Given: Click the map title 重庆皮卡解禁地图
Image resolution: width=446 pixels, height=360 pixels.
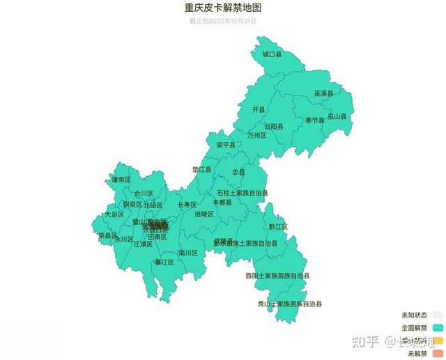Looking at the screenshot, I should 223,8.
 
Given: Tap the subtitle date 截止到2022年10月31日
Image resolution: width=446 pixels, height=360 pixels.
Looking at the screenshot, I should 223,21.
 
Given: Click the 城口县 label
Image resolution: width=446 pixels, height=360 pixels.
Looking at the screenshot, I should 272,54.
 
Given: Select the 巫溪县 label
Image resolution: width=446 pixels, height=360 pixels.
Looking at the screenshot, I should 323,93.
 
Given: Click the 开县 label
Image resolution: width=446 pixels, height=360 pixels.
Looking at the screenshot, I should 259,109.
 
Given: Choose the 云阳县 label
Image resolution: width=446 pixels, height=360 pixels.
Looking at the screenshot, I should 274,126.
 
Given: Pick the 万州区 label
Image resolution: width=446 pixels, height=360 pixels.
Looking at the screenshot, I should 257,136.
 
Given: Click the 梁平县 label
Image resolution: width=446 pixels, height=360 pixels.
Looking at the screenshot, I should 226,145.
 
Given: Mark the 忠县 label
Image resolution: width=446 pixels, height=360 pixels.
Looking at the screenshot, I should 238,171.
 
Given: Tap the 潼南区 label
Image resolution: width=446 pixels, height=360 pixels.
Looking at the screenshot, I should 121,179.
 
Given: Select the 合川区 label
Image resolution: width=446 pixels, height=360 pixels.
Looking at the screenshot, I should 144,193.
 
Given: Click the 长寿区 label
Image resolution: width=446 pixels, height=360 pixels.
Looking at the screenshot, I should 187,205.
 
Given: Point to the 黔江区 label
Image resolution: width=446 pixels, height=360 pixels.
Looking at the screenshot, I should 278,226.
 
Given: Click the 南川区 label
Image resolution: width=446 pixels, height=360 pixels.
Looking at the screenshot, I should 188,253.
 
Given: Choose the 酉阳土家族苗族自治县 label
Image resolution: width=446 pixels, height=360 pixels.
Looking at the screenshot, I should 277,276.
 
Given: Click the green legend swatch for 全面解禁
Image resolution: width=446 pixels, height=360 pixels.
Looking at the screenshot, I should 438,327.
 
